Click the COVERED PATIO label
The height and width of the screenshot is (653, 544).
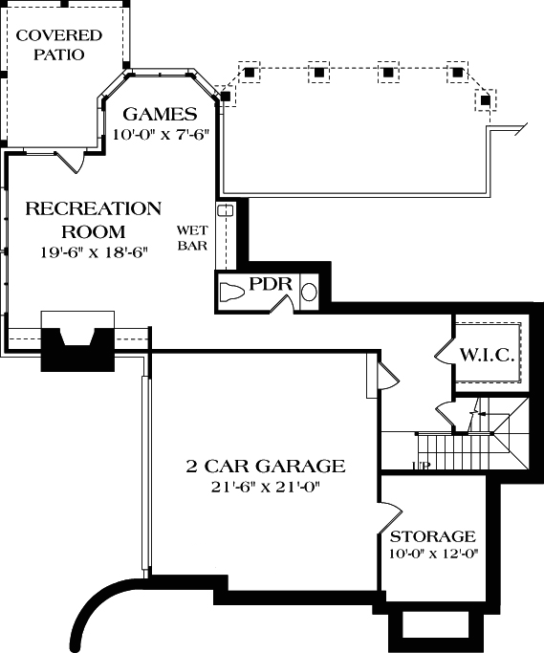pyautogui.click(x=59, y=45)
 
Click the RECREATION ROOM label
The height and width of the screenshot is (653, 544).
pyautogui.click(x=93, y=219)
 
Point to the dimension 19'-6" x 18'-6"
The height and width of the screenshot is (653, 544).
pyautogui.click(x=93, y=253)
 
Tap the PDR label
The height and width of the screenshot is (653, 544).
pyautogui.click(x=270, y=285)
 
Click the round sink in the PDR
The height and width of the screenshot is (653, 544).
pyautogui.click(x=310, y=293)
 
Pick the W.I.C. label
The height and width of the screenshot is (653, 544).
pyautogui.click(x=488, y=354)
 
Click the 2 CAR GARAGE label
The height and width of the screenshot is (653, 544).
pyautogui.click(x=265, y=467)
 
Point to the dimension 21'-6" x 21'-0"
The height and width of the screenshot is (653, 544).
pyautogui.click(x=265, y=488)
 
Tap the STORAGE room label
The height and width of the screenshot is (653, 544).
pyautogui.click(x=432, y=536)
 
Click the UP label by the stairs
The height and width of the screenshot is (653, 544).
pyautogui.click(x=420, y=466)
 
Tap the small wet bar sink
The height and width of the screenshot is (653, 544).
pyautogui.click(x=226, y=210)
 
